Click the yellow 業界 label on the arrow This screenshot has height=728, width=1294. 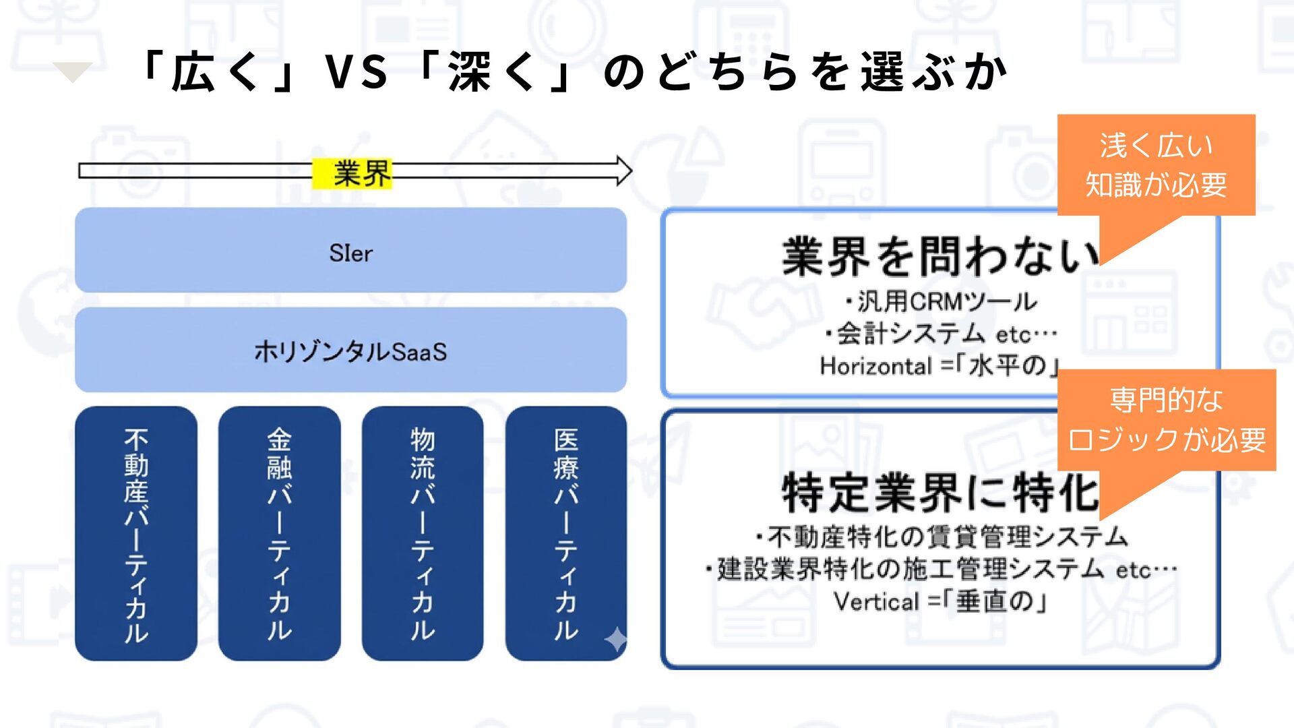(352, 173)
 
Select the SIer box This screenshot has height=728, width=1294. (350, 251)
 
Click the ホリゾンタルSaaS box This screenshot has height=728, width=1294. (350, 351)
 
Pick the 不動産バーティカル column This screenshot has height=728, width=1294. (136, 533)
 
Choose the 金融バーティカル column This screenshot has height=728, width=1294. (279, 533)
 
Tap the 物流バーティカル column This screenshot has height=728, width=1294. (423, 533)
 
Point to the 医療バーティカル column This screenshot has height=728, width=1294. (565, 533)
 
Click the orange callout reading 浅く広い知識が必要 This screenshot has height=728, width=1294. (1156, 166)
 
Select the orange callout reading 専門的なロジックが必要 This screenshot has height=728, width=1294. (1167, 420)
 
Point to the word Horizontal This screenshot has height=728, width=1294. (875, 366)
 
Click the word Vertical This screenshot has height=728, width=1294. (876, 601)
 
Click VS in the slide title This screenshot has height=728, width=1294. (356, 72)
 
